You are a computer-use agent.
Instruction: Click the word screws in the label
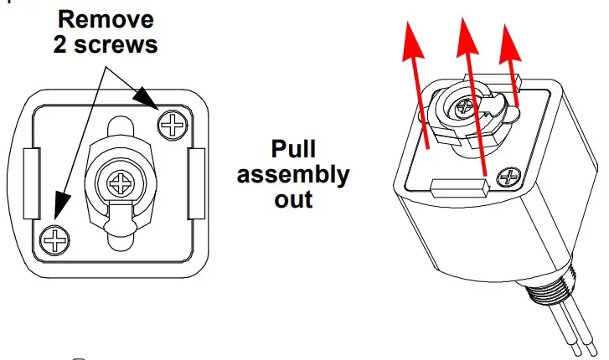(x=122, y=44)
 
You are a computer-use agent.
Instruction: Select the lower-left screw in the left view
(x=54, y=240)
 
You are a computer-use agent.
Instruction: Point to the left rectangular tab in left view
(x=30, y=180)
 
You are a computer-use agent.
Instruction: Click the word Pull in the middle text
(x=293, y=150)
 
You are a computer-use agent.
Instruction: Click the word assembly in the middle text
(x=293, y=175)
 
